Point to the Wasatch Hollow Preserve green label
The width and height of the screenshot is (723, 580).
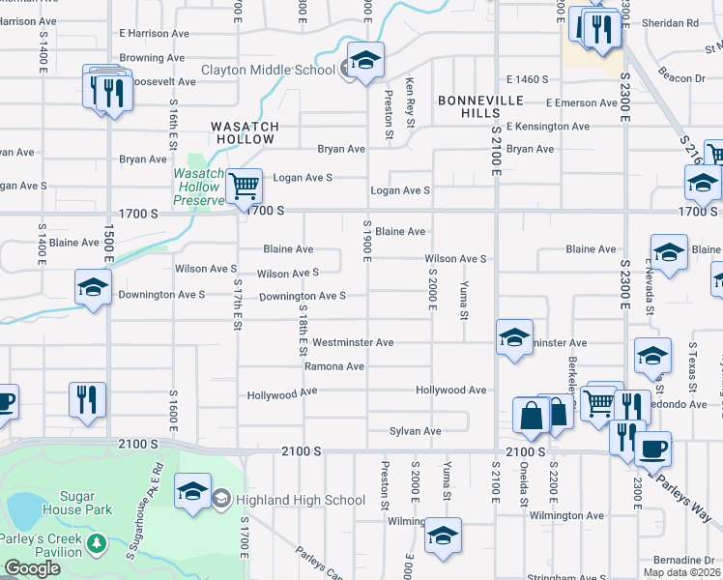197,187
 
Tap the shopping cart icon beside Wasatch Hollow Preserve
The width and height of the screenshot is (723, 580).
244,185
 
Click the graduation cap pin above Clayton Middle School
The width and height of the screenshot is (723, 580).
366,61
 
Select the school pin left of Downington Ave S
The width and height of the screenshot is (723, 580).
93,287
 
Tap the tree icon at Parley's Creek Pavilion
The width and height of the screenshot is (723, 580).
96,544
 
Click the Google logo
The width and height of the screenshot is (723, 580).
32,569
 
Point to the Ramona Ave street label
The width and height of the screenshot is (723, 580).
334,366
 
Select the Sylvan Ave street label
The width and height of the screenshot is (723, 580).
416,431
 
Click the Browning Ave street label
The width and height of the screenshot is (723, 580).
153,58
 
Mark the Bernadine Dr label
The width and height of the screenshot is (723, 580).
682,561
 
